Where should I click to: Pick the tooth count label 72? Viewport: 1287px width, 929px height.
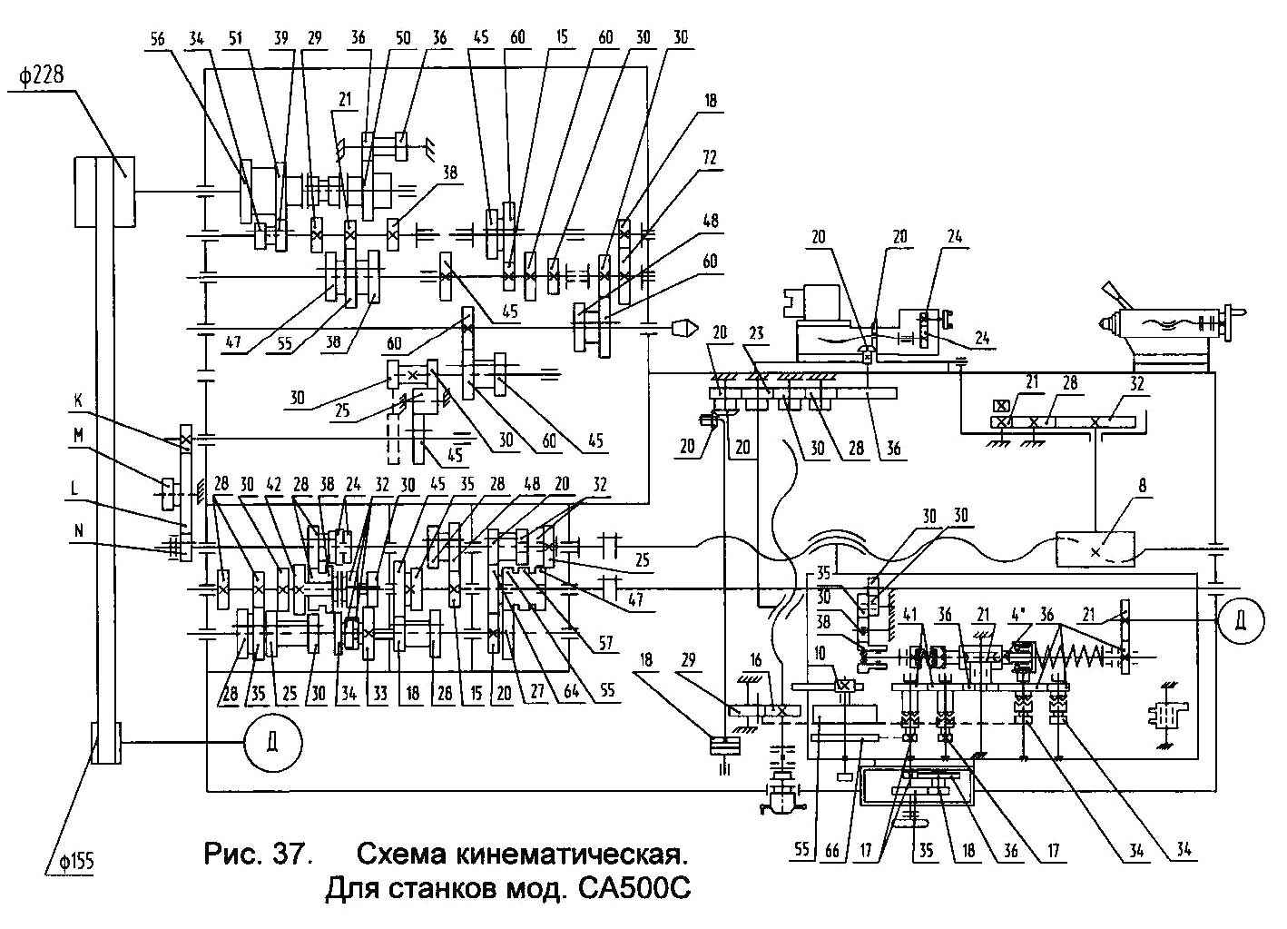[709, 158]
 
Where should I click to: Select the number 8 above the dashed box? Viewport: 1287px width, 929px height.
[1143, 488]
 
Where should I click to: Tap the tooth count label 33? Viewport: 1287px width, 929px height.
[379, 695]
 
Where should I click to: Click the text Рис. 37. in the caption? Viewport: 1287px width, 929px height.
[260, 855]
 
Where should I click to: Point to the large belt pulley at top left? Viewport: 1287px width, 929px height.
[103, 192]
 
